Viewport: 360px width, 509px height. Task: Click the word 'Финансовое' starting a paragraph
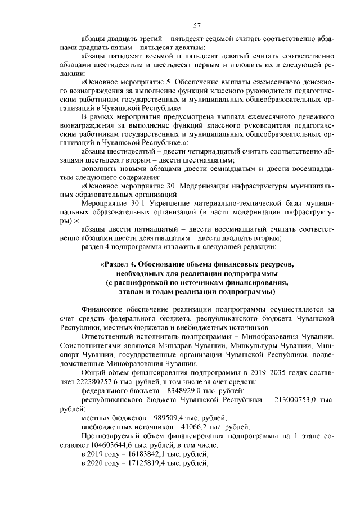(103, 308)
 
